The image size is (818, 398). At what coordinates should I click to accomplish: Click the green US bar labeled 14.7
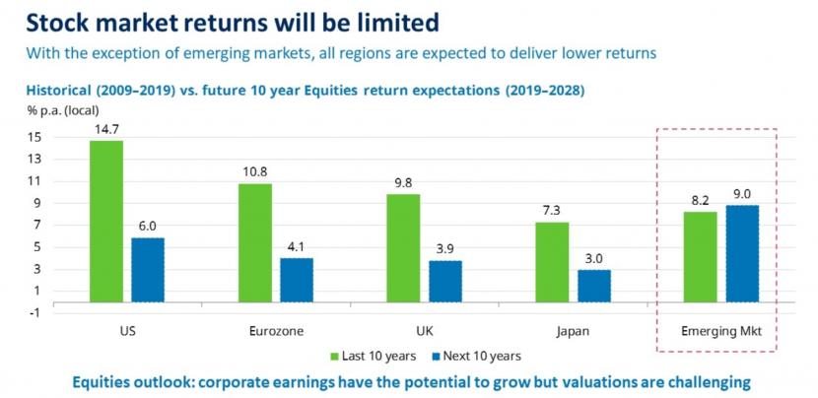106,222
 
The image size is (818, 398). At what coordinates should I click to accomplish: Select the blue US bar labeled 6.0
148,270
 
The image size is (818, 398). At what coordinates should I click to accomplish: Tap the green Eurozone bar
255,242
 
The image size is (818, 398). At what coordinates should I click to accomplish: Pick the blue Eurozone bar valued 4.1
297,280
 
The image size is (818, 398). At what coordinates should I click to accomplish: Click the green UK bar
403,248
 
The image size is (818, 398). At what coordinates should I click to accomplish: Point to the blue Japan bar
593,286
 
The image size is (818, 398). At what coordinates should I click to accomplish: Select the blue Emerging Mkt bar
742,253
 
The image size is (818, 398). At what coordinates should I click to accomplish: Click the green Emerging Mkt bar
700,257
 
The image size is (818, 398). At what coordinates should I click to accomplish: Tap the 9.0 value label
742,194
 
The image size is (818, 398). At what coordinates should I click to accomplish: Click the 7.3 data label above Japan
552,211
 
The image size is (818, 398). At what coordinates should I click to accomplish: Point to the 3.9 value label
445,248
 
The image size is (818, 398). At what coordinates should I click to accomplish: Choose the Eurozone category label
276,332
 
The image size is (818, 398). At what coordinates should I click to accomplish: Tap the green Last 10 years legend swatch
334,357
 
